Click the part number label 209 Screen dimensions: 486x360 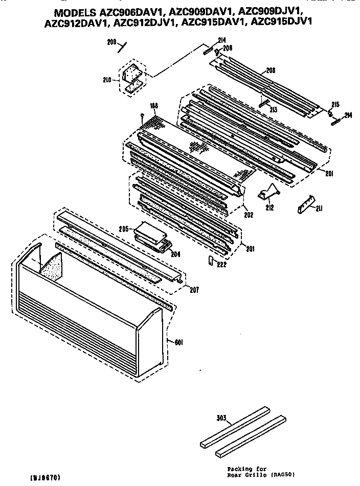coord(111,42)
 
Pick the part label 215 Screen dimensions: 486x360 coord(335,104)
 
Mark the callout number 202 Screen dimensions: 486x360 coord(249,215)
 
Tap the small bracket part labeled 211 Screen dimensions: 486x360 coord(305,204)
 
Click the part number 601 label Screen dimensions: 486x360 coord(178,342)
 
